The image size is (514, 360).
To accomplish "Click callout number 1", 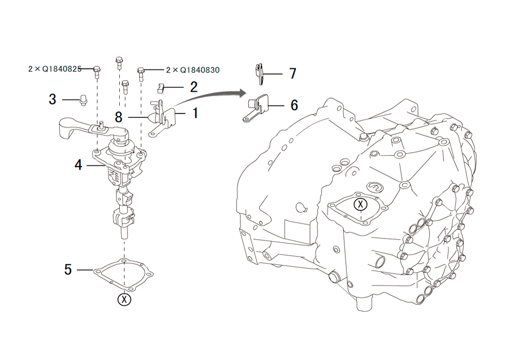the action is [x=195, y=113].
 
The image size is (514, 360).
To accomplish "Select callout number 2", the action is [x=194, y=87].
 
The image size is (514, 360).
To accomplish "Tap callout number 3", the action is [x=52, y=99].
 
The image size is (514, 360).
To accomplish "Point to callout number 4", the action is [x=78, y=165].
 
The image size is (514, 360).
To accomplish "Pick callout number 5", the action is [x=68, y=269].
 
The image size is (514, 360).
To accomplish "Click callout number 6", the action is [x=295, y=105].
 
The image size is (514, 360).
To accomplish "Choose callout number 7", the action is [x=293, y=74].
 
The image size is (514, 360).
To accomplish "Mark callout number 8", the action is [x=119, y=117].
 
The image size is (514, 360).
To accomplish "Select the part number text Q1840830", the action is [x=199, y=70].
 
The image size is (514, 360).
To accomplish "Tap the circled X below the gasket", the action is [x=124, y=299].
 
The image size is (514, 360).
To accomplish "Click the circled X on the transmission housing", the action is [x=361, y=204].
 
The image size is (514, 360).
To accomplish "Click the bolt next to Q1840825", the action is [x=97, y=72].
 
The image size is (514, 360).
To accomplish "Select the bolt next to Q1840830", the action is [x=141, y=74].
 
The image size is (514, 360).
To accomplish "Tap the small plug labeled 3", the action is [x=83, y=100].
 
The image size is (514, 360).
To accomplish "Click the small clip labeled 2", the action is [x=161, y=87].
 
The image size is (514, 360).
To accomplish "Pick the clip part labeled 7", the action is [x=259, y=74].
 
